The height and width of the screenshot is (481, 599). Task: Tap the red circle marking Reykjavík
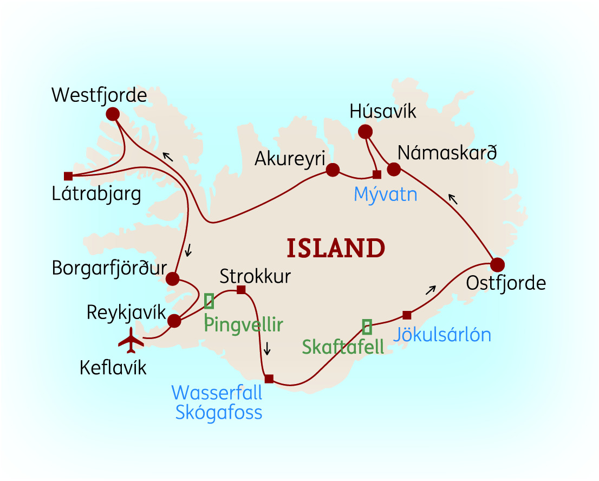click(174, 321)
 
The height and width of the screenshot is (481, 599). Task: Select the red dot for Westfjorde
click(113, 114)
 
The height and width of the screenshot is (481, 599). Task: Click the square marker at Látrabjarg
click(68, 176)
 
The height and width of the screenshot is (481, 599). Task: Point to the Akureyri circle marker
click(333, 170)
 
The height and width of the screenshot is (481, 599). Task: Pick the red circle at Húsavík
click(366, 131)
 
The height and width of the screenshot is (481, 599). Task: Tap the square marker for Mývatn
click(377, 174)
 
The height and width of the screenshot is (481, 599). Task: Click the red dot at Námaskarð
click(394, 170)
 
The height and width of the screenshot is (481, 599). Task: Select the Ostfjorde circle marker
click(497, 264)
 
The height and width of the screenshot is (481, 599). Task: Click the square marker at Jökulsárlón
click(407, 315)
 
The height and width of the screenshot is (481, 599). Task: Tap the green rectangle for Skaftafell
click(367, 327)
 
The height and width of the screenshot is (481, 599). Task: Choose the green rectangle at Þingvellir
click(209, 301)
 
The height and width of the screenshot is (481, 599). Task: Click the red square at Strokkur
click(242, 290)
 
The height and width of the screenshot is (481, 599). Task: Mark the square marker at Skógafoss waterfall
click(269, 379)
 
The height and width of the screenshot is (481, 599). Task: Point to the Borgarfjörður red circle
click(172, 279)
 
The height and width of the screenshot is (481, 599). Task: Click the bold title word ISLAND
click(336, 248)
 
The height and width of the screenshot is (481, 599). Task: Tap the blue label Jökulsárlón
click(442, 335)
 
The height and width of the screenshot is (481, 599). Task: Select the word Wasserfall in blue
click(217, 392)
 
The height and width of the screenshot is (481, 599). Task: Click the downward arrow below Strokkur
click(266, 349)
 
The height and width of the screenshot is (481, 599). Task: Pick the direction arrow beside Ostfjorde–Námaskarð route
click(452, 199)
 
